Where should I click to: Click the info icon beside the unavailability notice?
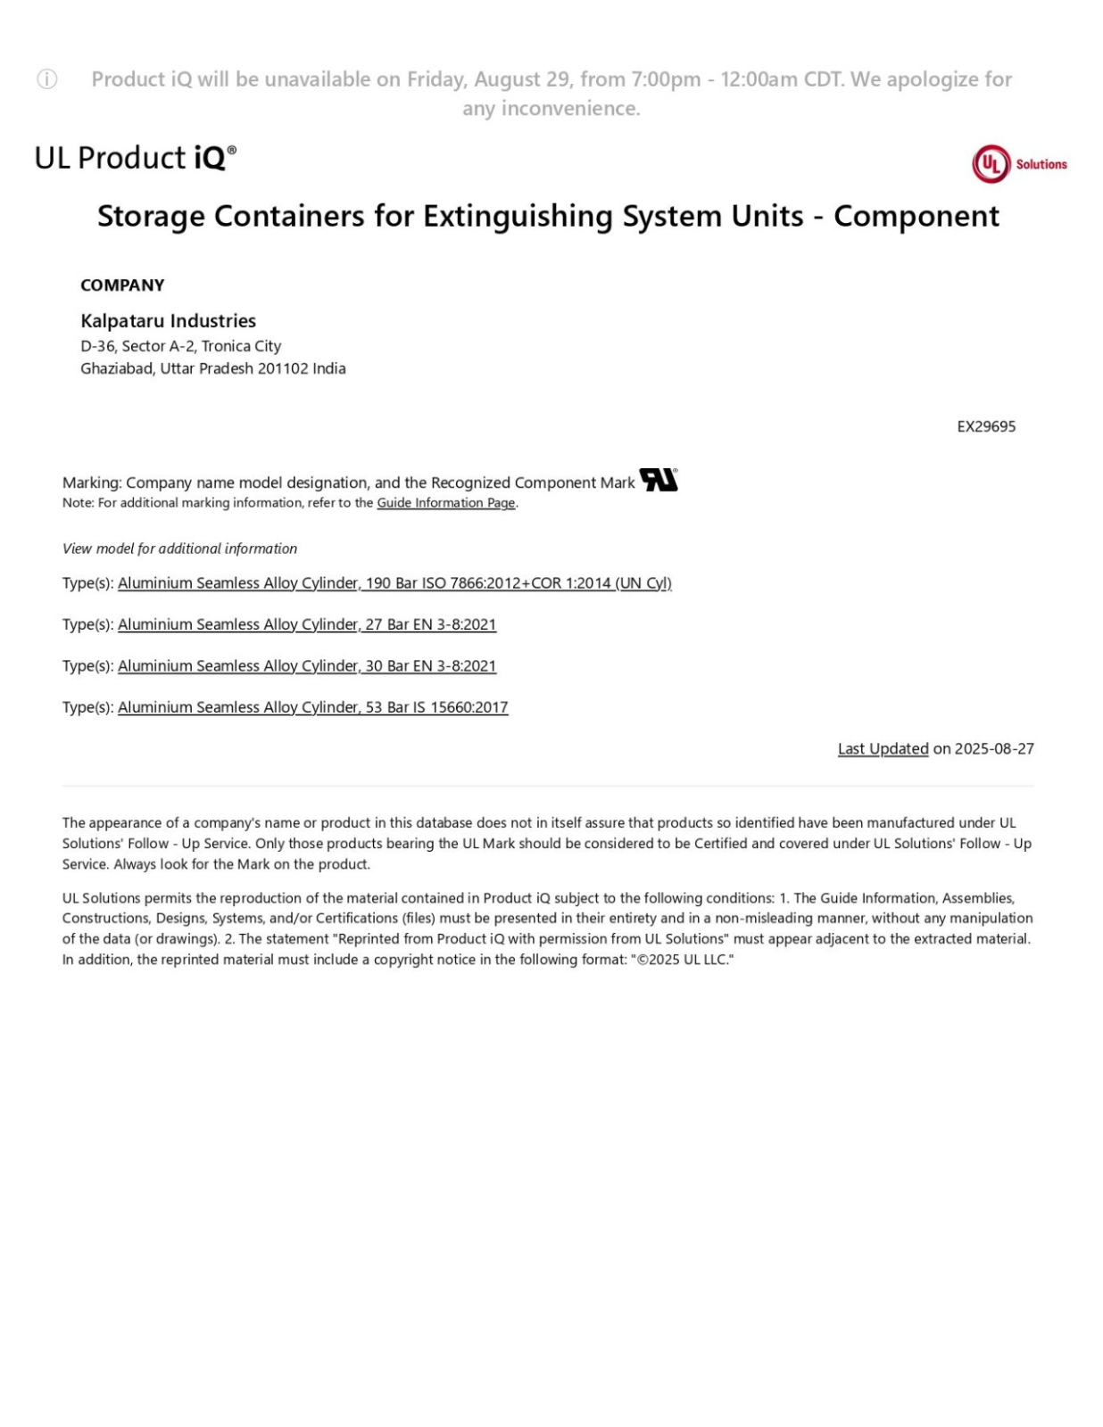click(x=47, y=79)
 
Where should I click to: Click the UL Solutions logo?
click(x=1019, y=164)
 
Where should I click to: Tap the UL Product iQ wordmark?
click(x=136, y=158)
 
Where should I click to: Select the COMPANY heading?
click(x=122, y=285)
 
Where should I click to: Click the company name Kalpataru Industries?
click(x=168, y=321)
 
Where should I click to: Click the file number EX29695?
click(x=986, y=426)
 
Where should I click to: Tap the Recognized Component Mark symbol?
click(x=659, y=480)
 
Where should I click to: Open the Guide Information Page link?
click(x=445, y=503)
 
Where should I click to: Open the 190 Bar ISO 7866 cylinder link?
click(x=394, y=583)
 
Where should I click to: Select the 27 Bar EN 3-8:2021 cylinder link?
click(x=307, y=624)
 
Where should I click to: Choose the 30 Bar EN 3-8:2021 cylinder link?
click(x=307, y=666)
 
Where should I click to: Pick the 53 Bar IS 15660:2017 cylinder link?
click(x=312, y=707)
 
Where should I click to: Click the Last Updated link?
click(x=883, y=749)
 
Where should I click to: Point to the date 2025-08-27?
click(x=994, y=749)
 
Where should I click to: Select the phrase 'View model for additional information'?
click(x=179, y=549)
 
